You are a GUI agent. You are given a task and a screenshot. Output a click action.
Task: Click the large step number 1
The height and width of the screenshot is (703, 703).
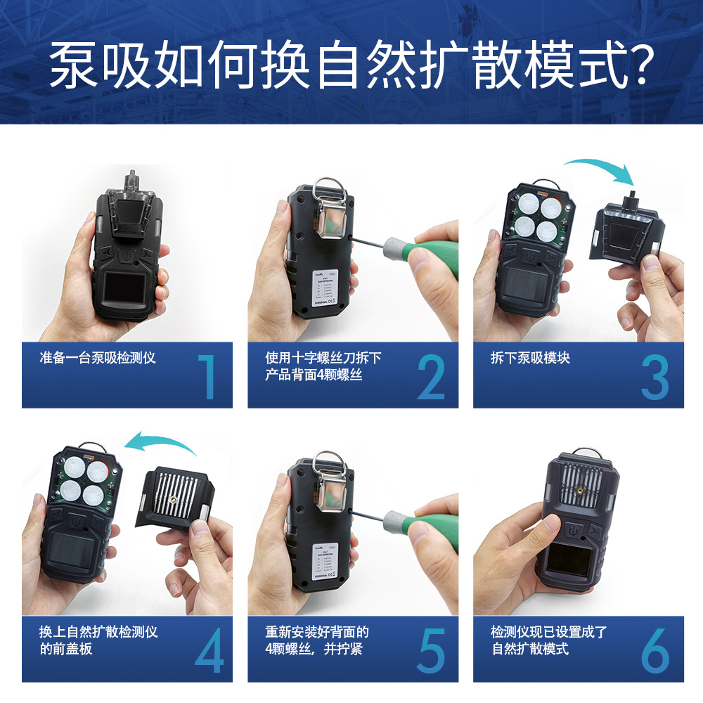pyautogui.click(x=207, y=377)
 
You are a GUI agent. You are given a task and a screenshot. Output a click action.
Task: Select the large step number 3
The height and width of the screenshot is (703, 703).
pyautogui.click(x=655, y=377)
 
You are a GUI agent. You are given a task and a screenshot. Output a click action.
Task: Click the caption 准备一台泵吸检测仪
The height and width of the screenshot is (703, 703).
pyautogui.click(x=98, y=358)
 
